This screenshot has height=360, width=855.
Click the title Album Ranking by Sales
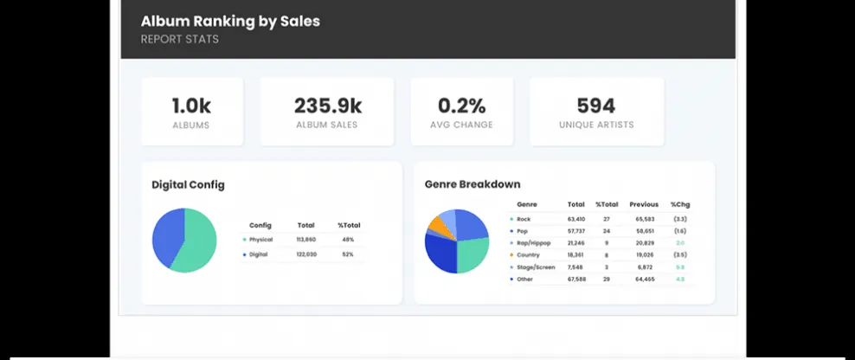230,21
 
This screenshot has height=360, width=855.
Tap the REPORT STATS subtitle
180,39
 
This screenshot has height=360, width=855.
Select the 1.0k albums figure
191,106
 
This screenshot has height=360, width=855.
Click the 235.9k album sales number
327,106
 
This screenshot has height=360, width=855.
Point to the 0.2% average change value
461,106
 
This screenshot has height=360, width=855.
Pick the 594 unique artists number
596,106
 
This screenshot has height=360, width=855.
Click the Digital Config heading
188,184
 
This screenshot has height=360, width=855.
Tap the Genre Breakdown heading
472,184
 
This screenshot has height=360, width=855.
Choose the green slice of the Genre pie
472,254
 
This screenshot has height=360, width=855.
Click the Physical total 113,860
305,239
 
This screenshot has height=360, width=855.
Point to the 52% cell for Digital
348,254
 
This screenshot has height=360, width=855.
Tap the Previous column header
644,204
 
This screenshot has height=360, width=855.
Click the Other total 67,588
576,279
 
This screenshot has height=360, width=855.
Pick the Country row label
529,254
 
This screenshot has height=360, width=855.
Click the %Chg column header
680,204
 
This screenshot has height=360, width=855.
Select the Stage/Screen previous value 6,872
644,267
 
